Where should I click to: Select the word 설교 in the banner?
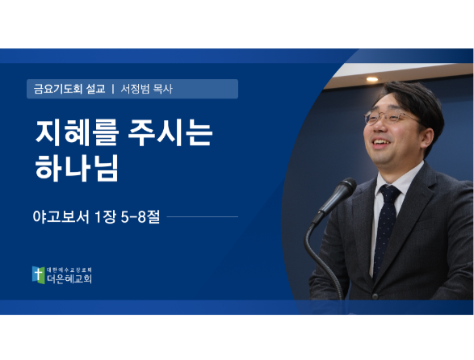96,89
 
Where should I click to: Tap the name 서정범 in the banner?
135,89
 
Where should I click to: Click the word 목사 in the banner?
163,89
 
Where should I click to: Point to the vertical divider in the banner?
113,89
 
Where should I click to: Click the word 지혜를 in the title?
77,132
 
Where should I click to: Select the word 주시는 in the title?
170,132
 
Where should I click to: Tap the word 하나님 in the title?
77,168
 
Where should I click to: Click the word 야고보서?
61,216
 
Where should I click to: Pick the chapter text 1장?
106,216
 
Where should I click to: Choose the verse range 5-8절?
141,216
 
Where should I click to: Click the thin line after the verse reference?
203,216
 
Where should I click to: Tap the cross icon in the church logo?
39,274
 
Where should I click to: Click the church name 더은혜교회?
69,278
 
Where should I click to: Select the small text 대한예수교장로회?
69,270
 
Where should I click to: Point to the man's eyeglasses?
390,118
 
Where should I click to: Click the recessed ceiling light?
372,79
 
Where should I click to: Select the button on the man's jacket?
375,296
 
